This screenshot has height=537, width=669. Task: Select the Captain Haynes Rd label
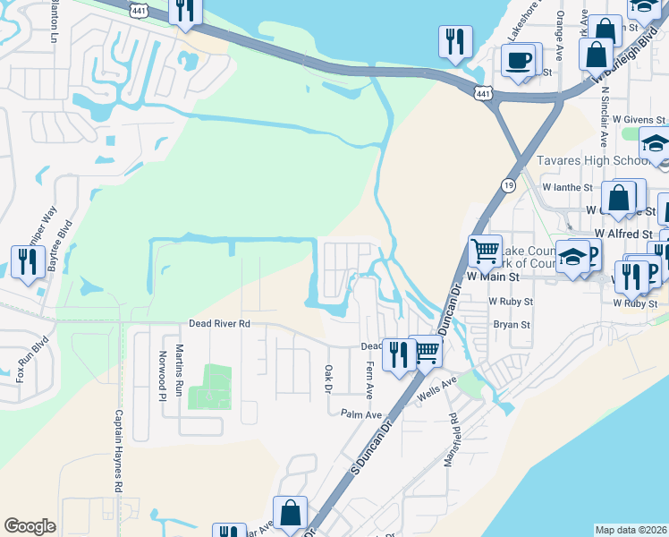point(118,451)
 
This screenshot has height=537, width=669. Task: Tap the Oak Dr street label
point(328,379)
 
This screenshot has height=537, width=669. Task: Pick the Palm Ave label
point(361,414)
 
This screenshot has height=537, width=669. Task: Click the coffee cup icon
point(519,59)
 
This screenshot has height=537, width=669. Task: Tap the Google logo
point(30,526)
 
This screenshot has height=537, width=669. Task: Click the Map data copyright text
point(631,530)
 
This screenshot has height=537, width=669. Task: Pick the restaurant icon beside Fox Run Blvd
point(28,261)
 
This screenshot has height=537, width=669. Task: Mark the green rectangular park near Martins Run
point(210,386)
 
